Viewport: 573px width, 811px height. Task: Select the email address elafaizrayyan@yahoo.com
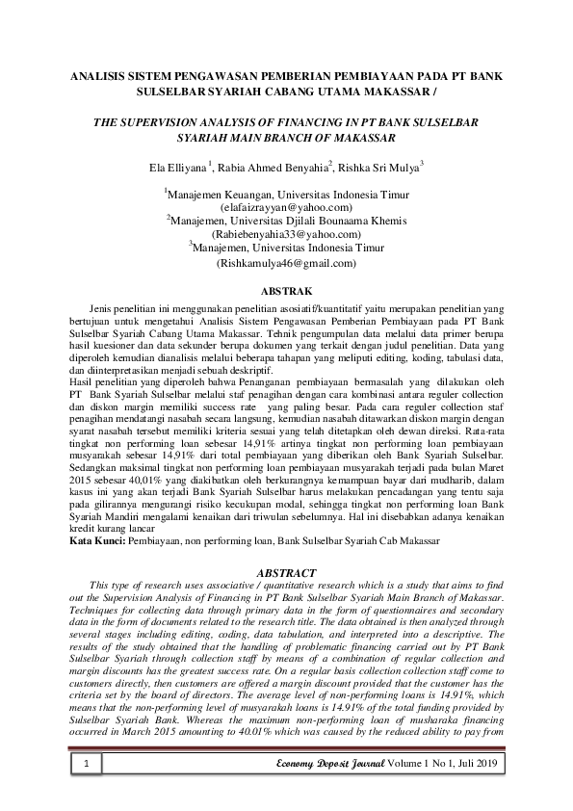[x=286, y=207]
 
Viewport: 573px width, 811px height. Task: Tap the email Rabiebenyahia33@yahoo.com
[x=286, y=234]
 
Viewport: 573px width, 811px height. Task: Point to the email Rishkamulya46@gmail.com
[x=286, y=262]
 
